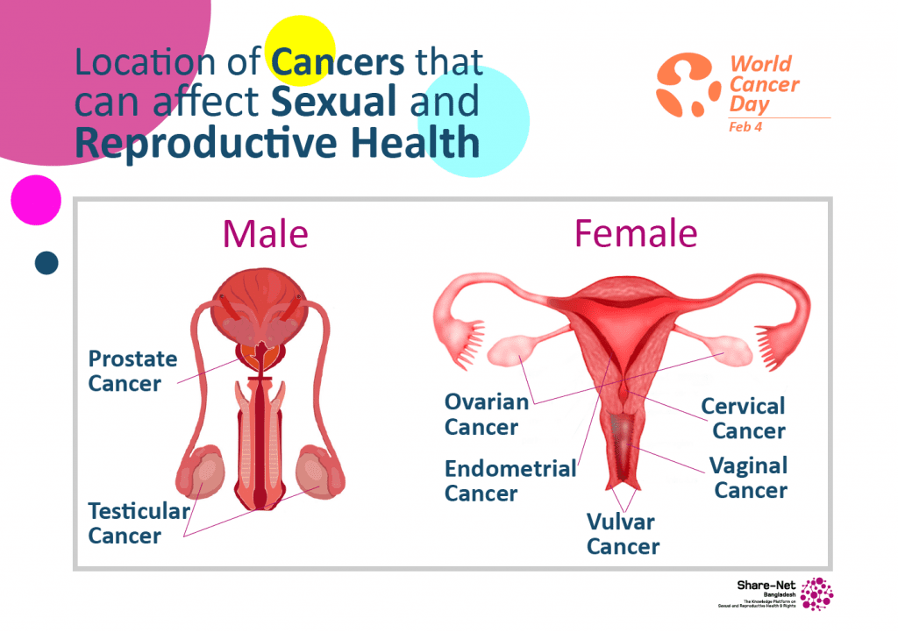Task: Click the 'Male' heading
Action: point(265,234)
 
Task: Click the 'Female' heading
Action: point(635,234)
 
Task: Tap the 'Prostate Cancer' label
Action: point(132,372)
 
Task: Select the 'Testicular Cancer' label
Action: point(139,523)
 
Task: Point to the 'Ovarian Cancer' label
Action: point(486,415)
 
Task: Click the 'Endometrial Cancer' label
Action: point(510,480)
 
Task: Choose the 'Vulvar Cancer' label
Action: point(622,534)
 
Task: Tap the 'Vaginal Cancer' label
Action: point(749,478)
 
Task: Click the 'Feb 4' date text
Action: point(745,127)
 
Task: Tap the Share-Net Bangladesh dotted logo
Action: point(816,593)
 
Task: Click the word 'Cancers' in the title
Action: point(338,62)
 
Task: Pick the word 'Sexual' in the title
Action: point(334,103)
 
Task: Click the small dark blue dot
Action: point(46,262)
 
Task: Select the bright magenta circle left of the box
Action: point(36,200)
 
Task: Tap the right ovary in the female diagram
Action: point(723,349)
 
